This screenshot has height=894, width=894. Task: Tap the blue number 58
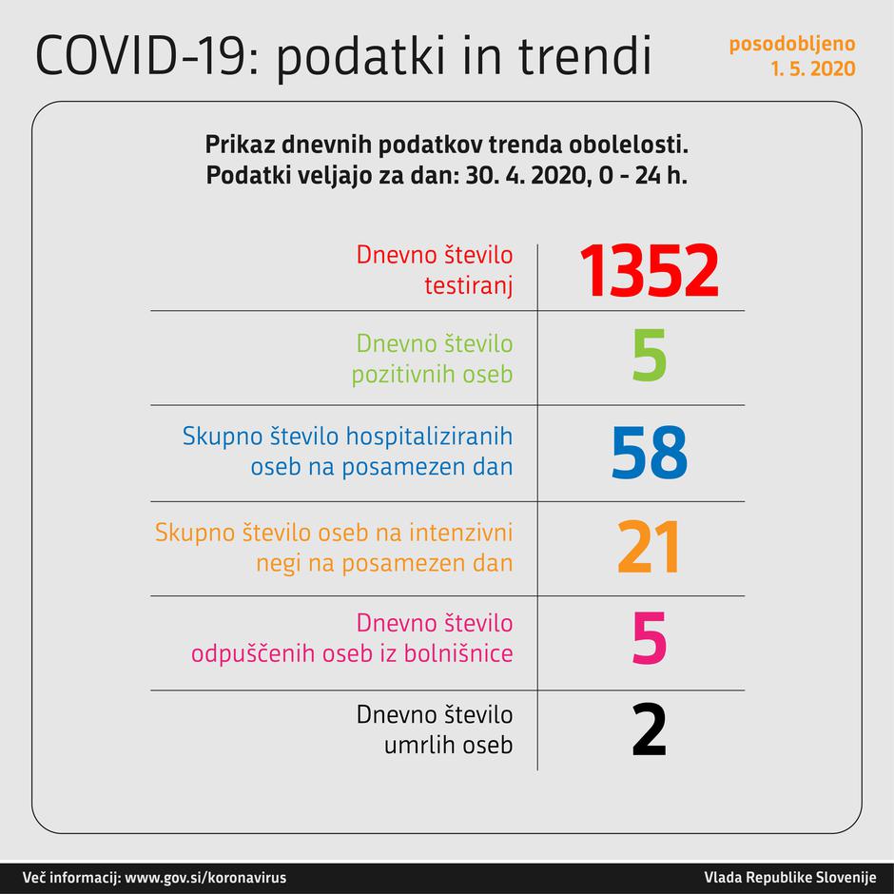click(x=650, y=454)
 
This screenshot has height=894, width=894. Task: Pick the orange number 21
click(x=650, y=549)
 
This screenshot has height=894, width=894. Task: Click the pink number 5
click(x=650, y=640)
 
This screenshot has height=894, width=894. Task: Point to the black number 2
click(x=650, y=729)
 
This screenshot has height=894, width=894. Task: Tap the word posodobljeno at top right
click(x=791, y=45)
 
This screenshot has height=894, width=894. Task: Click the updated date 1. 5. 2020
click(x=813, y=68)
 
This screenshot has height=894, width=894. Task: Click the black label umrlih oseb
click(x=448, y=745)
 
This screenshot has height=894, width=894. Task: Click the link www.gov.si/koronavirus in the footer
click(x=205, y=877)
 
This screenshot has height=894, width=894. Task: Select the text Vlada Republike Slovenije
click(x=789, y=877)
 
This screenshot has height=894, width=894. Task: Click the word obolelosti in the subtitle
click(x=636, y=146)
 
